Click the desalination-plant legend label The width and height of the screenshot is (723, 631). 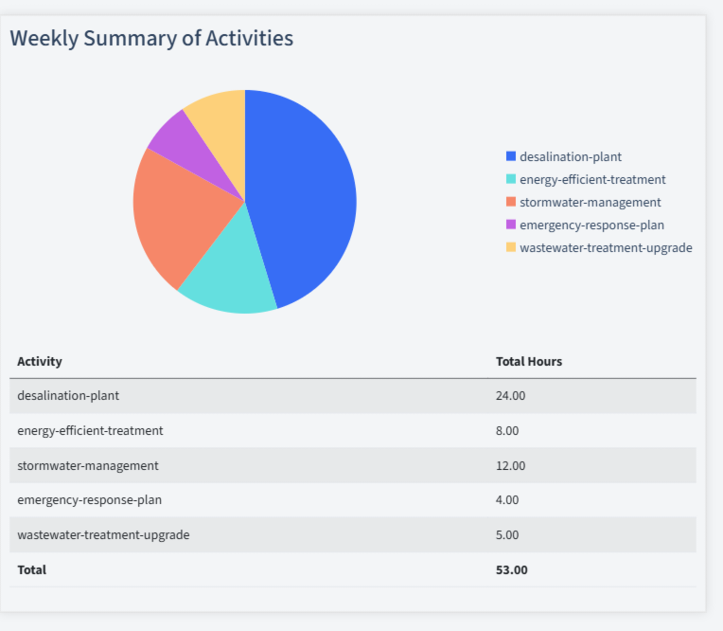click(571, 156)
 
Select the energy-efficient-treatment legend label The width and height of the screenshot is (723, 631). click(592, 179)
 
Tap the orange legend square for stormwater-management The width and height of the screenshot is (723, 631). click(511, 202)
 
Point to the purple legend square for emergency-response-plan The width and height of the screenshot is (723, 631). click(511, 225)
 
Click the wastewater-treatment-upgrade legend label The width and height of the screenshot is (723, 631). click(606, 247)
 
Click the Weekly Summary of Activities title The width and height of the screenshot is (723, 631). click(151, 38)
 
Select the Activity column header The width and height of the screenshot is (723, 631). click(40, 361)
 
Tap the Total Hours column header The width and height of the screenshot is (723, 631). click(529, 361)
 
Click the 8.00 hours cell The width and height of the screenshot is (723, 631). click(507, 430)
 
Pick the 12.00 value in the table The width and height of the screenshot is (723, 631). click(510, 465)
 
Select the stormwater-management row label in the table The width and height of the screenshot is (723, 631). click(88, 465)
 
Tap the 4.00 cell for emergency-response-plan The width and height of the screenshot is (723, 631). click(507, 499)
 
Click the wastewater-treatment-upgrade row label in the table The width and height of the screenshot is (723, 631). click(103, 534)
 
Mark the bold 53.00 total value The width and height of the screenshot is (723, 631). click(512, 569)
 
